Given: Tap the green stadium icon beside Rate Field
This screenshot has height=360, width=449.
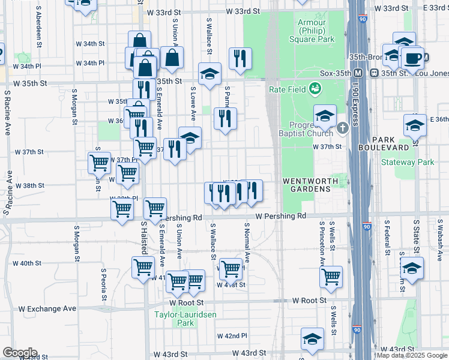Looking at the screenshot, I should (314, 89).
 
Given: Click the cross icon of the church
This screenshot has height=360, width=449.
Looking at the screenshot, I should (342, 127).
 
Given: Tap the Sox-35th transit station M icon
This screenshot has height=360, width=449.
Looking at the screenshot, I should (358, 73).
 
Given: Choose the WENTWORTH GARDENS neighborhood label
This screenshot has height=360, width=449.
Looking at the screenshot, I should (306, 184).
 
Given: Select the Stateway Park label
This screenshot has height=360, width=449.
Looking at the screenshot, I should (408, 162).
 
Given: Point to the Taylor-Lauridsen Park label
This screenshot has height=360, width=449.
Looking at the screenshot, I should (187, 318).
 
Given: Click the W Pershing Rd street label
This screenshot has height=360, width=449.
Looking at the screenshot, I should (280, 216).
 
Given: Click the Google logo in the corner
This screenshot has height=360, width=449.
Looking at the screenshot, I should (20, 353).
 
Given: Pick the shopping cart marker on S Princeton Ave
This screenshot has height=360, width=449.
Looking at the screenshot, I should (331, 277).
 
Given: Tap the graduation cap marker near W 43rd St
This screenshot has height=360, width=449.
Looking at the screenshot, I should (312, 339).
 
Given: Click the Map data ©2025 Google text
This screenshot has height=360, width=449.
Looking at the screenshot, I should (412, 355).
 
